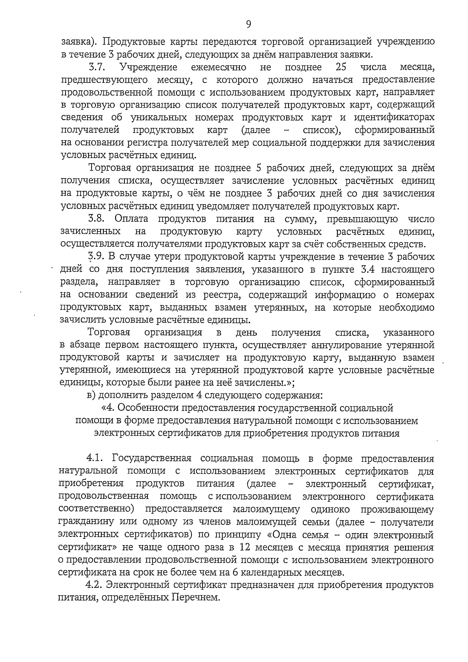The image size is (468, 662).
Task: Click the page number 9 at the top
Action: pyautogui.click(x=248, y=25)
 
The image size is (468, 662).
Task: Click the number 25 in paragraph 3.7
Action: pyautogui.click(x=341, y=67)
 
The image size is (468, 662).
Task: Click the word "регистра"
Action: pyautogui.click(x=143, y=143)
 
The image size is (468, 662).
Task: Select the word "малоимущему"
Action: pyautogui.click(x=266, y=509)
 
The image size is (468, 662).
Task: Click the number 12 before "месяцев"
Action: pyautogui.click(x=245, y=547)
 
